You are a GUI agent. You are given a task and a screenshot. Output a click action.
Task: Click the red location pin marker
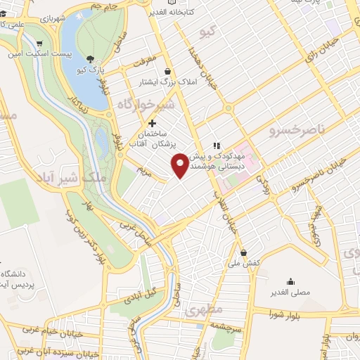coord(181,165)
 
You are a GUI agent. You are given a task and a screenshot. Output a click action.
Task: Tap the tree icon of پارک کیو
coord(89,60)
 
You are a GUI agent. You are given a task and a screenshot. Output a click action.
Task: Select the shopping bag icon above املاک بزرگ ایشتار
coord(168,71)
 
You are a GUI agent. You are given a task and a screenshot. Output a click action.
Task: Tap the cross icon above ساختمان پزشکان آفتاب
coord(152,123)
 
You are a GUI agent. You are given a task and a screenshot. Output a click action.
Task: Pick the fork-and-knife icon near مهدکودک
coord(217,146)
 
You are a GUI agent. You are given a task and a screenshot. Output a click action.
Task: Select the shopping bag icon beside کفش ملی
coord(243,252)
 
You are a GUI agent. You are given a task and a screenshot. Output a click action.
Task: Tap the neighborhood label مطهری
coord(203,311)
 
